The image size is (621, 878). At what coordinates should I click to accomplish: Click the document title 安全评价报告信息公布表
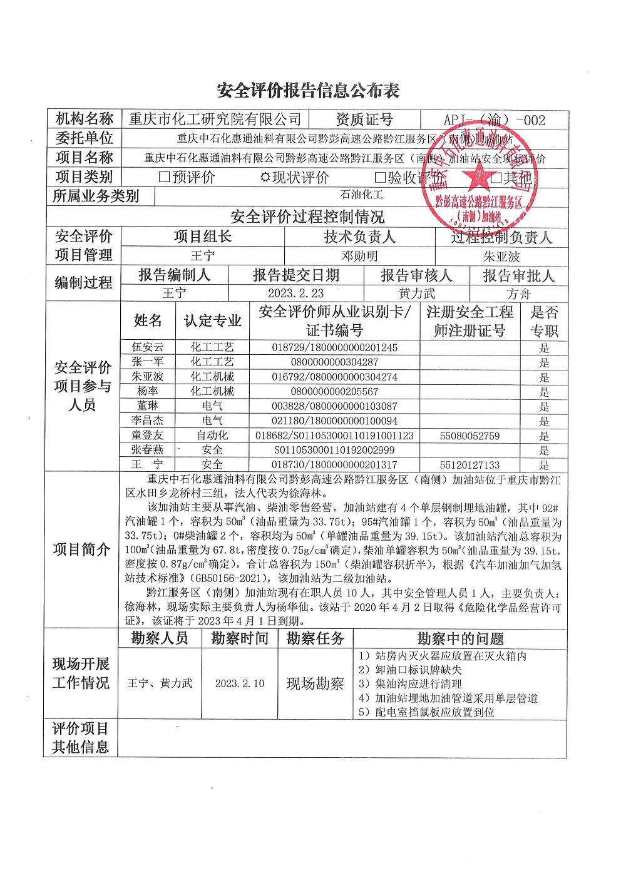(x=308, y=91)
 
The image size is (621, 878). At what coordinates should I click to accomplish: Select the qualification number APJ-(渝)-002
(x=495, y=120)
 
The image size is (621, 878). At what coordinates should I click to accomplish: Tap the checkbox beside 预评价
(x=165, y=177)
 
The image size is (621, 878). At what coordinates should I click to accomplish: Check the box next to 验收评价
(x=380, y=178)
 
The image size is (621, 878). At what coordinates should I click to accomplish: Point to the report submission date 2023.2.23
(x=295, y=294)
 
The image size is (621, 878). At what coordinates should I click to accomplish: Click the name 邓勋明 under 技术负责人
(x=359, y=256)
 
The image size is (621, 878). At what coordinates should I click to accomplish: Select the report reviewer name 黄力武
(x=416, y=294)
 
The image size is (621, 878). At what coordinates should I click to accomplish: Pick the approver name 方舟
(x=518, y=294)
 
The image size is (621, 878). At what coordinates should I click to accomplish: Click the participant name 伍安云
(x=148, y=347)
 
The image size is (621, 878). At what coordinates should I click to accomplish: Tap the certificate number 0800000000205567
(x=334, y=392)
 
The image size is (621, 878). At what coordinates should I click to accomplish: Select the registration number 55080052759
(x=470, y=436)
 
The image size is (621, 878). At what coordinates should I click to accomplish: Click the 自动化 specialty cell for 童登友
(x=212, y=435)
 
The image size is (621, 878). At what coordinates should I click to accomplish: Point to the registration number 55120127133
(x=470, y=465)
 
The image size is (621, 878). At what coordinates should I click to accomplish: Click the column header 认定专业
(x=212, y=321)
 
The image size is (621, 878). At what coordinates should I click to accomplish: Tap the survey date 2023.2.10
(x=240, y=683)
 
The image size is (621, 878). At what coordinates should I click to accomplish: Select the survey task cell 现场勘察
(x=315, y=683)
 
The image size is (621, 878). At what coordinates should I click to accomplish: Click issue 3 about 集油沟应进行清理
(x=410, y=684)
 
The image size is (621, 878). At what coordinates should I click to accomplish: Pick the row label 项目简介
(x=81, y=549)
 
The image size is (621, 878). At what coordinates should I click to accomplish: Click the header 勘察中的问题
(x=460, y=639)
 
